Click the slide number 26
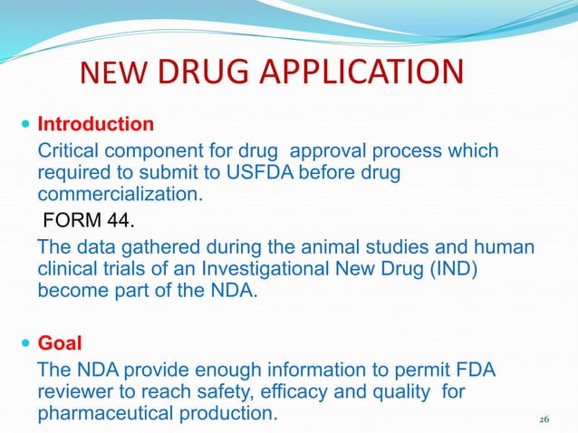544,419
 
